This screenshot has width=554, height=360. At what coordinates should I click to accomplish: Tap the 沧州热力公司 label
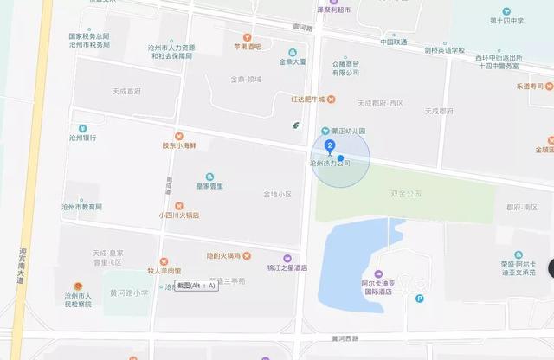tap(330, 163)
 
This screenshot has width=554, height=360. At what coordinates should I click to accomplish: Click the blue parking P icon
tap(421, 299)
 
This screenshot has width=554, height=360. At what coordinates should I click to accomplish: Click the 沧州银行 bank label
tap(83, 138)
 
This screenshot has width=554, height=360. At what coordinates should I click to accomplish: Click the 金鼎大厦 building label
tap(292, 62)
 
